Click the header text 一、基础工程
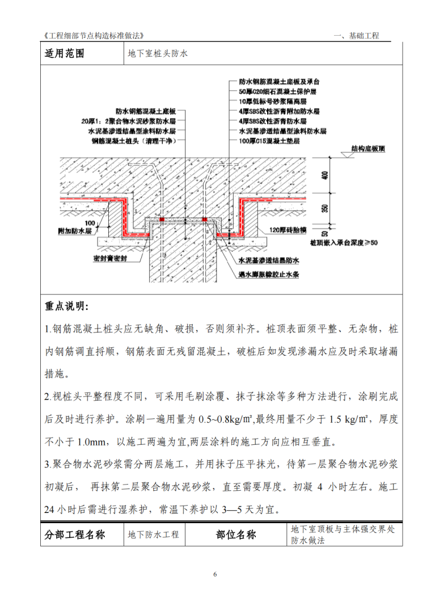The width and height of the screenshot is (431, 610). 357,36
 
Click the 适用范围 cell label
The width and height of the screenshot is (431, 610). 64,54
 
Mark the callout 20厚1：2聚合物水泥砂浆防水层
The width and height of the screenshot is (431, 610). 130,121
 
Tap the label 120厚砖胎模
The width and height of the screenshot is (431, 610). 290,230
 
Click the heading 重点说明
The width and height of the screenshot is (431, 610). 67,306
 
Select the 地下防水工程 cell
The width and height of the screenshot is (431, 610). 153,535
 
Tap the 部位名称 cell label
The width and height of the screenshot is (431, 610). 236,535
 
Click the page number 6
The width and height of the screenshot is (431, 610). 216,574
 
